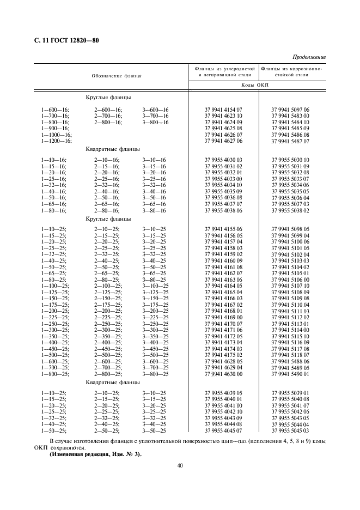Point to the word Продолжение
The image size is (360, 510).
[309, 57]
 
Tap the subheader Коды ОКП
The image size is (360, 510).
[257, 86]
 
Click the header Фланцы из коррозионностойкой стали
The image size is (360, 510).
[291, 72]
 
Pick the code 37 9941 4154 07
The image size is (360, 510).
[223, 110]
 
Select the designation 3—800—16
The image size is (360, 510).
[155, 123]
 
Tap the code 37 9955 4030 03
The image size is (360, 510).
[223, 160]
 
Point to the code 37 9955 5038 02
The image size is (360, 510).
[290, 210]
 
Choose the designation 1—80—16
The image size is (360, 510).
[54, 210]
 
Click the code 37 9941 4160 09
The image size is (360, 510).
[223, 261]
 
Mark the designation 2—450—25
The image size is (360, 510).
[108, 349]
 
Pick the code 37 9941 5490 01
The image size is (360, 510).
[290, 374]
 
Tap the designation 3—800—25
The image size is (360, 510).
[155, 374]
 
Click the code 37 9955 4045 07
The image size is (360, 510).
[223, 430]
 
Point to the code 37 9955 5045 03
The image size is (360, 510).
[290, 430]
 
